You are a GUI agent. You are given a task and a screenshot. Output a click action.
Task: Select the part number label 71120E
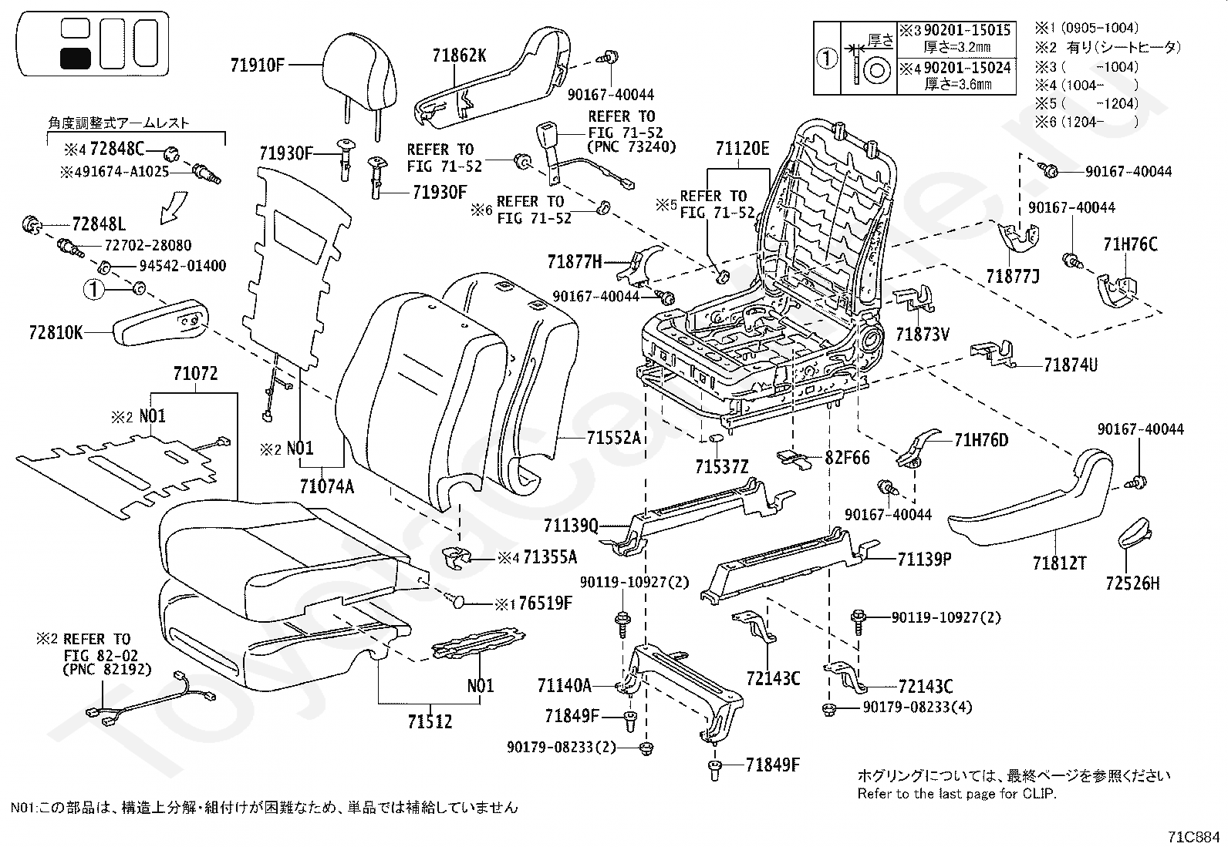pos(742,149)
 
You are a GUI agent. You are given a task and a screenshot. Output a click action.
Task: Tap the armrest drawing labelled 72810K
pos(160,323)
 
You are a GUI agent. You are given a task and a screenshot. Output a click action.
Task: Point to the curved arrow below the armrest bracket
pos(174,207)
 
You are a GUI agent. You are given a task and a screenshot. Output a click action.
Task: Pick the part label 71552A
pos(613,438)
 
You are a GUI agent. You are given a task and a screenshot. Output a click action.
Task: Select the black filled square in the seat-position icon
pos(75,58)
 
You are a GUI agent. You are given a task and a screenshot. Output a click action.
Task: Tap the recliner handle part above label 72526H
pos(1134,532)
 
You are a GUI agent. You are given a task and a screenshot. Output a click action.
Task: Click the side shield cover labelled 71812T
pos(1031,499)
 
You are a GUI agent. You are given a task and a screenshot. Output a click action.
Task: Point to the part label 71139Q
pos(571,526)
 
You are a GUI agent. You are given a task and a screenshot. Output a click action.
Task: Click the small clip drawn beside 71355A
pos(456,558)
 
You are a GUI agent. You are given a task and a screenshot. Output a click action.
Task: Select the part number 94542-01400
pos(183,266)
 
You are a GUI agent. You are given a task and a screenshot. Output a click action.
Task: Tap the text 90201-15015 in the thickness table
pos(967,30)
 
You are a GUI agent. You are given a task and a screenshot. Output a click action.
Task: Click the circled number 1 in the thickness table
pos(827,58)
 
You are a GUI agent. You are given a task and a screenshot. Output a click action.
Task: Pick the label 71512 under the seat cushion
pos(430,721)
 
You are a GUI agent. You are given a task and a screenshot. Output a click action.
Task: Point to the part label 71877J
pos(1013,276)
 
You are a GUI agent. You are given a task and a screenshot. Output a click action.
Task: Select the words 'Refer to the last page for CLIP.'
pos(956,793)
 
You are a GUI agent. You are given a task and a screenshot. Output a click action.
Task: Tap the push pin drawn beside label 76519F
pos(456,601)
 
